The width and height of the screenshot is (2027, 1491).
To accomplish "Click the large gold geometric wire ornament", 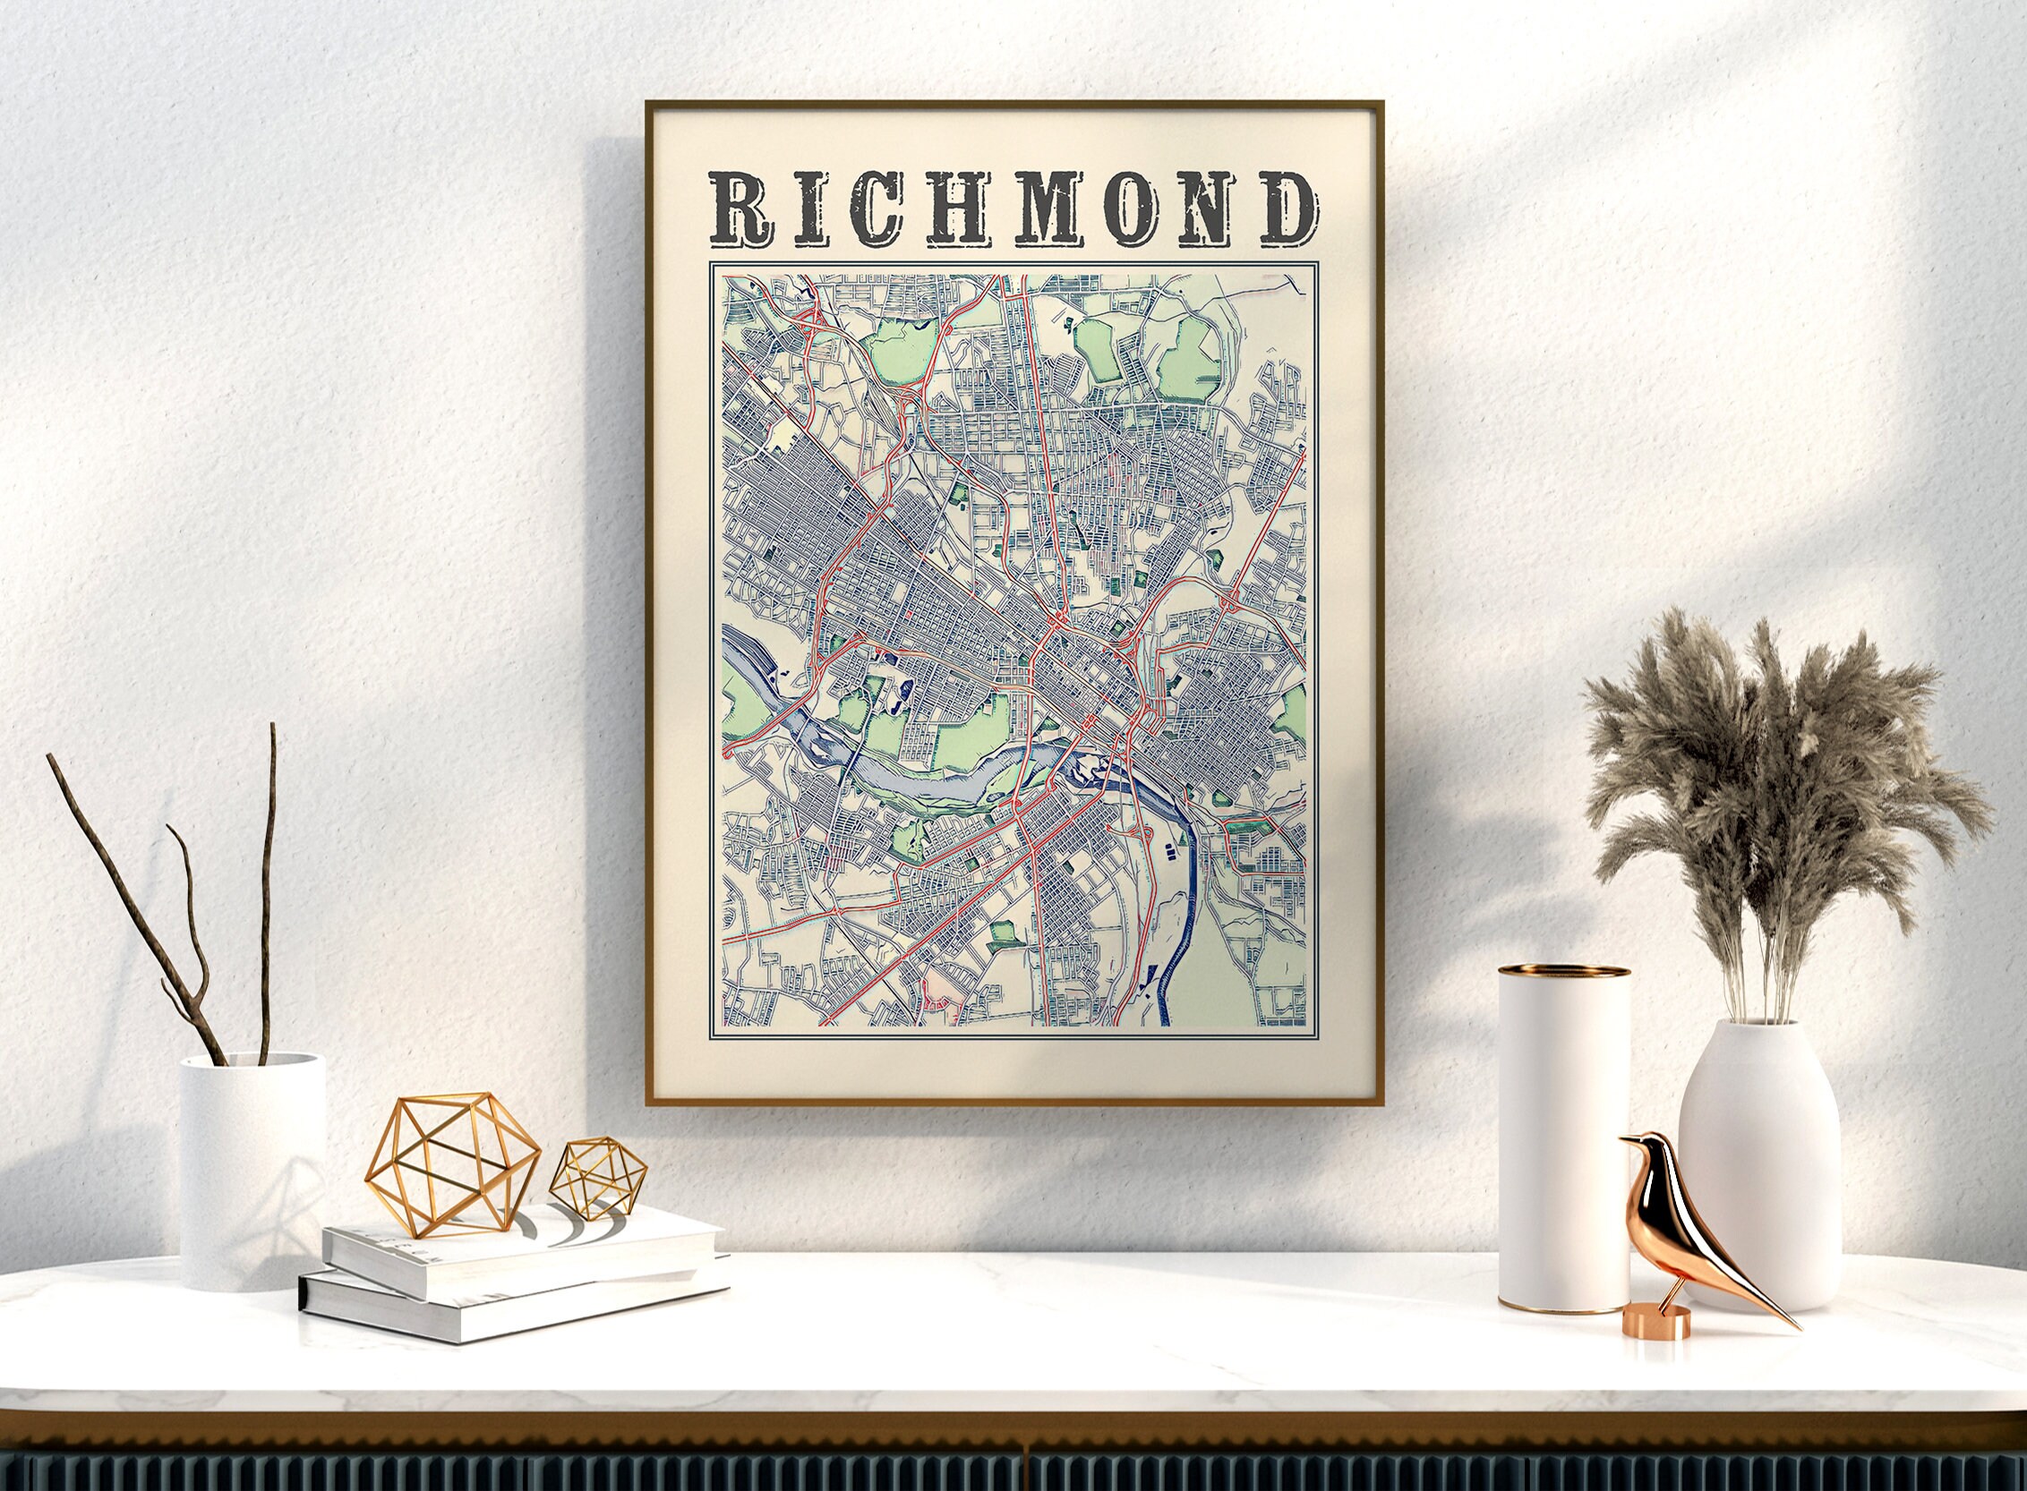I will click(453, 1163).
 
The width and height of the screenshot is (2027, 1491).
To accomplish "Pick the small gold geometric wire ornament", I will click(601, 1174).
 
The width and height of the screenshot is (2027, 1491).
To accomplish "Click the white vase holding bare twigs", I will click(252, 1173).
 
